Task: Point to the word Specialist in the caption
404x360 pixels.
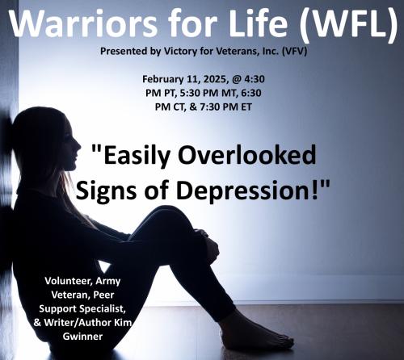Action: [99, 307]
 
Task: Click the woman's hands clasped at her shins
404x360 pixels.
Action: [209, 247]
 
